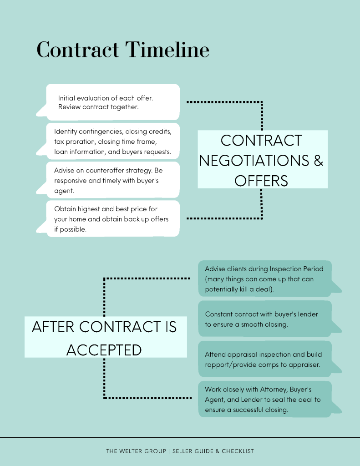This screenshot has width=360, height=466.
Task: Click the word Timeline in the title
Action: [x=167, y=50]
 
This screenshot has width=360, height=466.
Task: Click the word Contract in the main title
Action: [x=78, y=50]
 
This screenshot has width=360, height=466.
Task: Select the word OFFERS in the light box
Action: [x=261, y=181]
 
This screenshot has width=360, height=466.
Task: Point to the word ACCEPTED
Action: [x=104, y=350]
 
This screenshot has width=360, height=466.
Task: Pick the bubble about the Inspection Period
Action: [x=265, y=279]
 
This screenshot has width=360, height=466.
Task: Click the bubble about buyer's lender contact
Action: [x=265, y=319]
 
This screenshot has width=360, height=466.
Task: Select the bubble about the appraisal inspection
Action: [x=265, y=359]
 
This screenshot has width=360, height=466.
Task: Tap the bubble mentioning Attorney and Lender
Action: [x=265, y=399]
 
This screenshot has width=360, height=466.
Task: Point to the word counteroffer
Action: [x=100, y=170]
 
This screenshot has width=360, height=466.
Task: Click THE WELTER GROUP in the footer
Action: [x=136, y=451]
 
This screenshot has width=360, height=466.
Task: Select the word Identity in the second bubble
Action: [x=66, y=132]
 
